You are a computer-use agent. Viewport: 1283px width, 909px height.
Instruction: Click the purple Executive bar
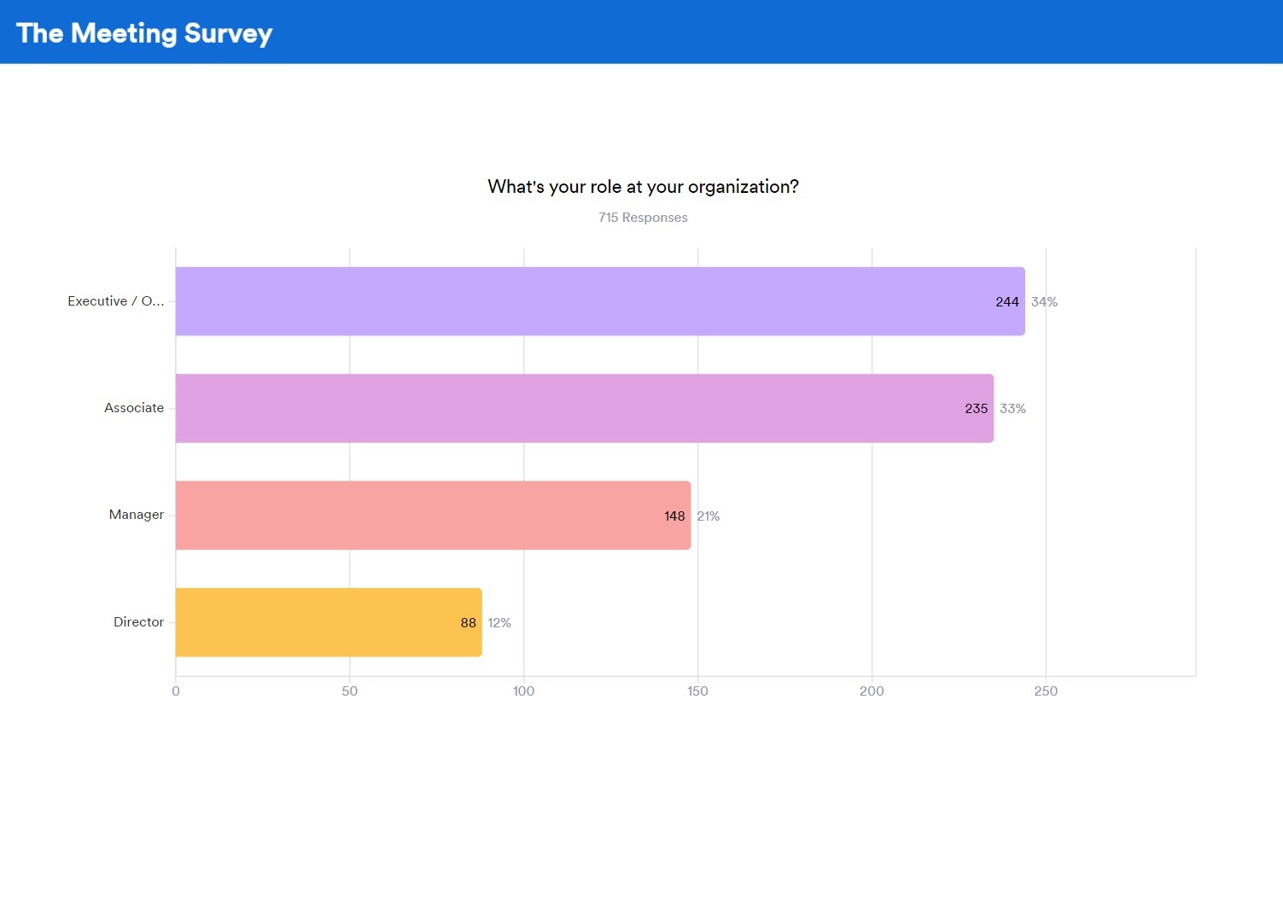click(598, 301)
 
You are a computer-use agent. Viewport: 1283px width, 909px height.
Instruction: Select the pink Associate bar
click(580, 408)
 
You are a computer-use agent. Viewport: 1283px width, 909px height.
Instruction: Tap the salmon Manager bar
click(427, 516)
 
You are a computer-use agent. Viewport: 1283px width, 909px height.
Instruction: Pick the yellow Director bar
click(324, 622)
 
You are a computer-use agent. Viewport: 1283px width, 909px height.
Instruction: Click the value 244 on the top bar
click(1007, 302)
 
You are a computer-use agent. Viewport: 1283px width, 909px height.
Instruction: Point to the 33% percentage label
click(1012, 409)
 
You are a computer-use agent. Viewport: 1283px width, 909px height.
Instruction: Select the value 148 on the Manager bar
click(674, 516)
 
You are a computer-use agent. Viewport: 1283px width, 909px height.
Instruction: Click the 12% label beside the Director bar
click(499, 623)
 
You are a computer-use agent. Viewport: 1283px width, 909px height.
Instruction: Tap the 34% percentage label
click(1044, 302)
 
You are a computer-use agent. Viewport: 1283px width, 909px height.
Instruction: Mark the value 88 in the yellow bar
click(468, 623)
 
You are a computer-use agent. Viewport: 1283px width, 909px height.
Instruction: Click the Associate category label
click(134, 408)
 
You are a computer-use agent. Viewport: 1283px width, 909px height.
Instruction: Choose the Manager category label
click(137, 515)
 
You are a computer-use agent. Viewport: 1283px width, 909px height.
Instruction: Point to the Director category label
click(138, 622)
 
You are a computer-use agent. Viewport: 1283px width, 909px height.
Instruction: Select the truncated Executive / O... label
click(116, 301)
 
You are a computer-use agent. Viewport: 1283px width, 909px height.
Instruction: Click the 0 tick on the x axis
click(176, 691)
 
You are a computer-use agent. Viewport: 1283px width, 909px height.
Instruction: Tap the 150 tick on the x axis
click(697, 691)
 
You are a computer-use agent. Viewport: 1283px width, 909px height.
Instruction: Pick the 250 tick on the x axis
click(1046, 691)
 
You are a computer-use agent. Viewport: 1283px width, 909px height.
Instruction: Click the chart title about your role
click(643, 187)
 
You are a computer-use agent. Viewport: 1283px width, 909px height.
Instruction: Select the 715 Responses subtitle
click(643, 218)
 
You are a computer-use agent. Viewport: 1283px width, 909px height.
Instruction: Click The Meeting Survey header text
click(144, 33)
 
